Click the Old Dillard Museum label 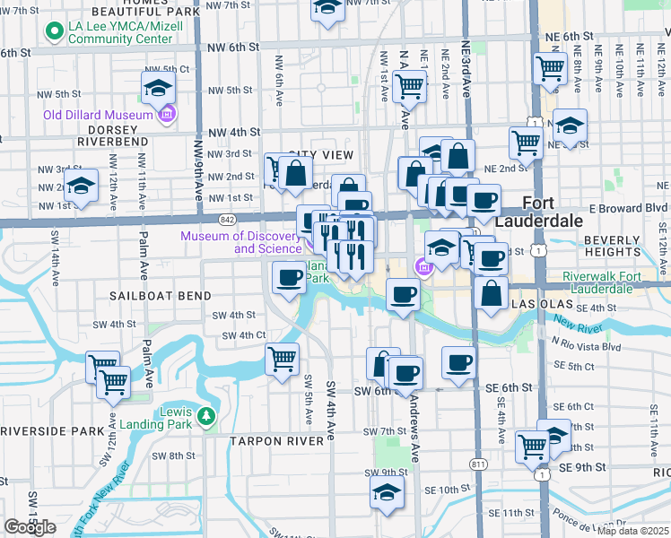click(98, 116)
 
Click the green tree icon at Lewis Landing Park click(207, 415)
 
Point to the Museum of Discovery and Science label click(240, 242)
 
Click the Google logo click(30, 526)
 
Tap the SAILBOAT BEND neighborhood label click(161, 295)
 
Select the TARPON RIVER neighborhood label click(275, 441)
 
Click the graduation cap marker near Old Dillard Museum click(158, 89)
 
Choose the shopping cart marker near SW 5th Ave click(283, 360)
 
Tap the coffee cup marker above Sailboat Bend click(289, 278)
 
